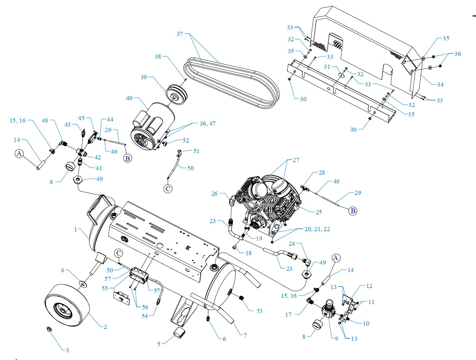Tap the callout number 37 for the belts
click(x=180, y=34)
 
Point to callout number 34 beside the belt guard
click(x=440, y=85)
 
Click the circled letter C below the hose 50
click(x=168, y=189)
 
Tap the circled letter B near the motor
click(x=127, y=158)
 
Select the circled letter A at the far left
click(x=19, y=154)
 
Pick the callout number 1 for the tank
click(x=76, y=229)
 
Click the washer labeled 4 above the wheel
click(x=82, y=283)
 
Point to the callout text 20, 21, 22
click(x=317, y=229)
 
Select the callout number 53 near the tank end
click(x=259, y=311)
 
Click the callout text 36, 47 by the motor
click(x=207, y=123)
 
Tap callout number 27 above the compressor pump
click(x=296, y=160)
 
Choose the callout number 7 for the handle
click(x=245, y=335)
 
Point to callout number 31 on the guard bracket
click(x=327, y=67)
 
